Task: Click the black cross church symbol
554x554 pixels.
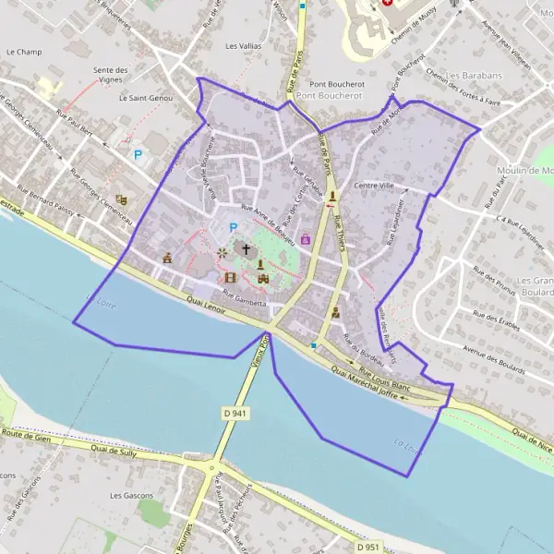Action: (246, 248)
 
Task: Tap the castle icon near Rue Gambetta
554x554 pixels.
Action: (262, 277)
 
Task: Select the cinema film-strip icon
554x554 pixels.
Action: (230, 276)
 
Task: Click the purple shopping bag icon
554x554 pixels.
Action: (306, 238)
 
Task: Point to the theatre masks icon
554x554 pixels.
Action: (121, 199)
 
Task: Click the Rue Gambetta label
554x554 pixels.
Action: (244, 301)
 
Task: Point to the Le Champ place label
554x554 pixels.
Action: (24, 53)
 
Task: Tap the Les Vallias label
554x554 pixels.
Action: (244, 45)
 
